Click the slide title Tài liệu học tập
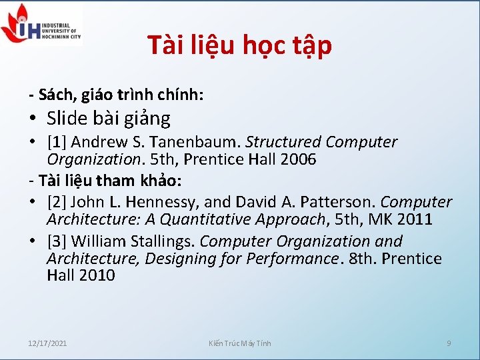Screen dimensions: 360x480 pyautogui.click(x=239, y=45)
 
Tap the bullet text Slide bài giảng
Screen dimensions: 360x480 pyautogui.click(x=109, y=119)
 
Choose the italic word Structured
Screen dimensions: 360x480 pyautogui.click(x=284, y=142)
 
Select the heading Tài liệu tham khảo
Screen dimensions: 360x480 pyautogui.click(x=111, y=181)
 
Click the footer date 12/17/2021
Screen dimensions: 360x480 pyautogui.click(x=47, y=343)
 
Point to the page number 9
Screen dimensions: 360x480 pyautogui.click(x=449, y=343)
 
